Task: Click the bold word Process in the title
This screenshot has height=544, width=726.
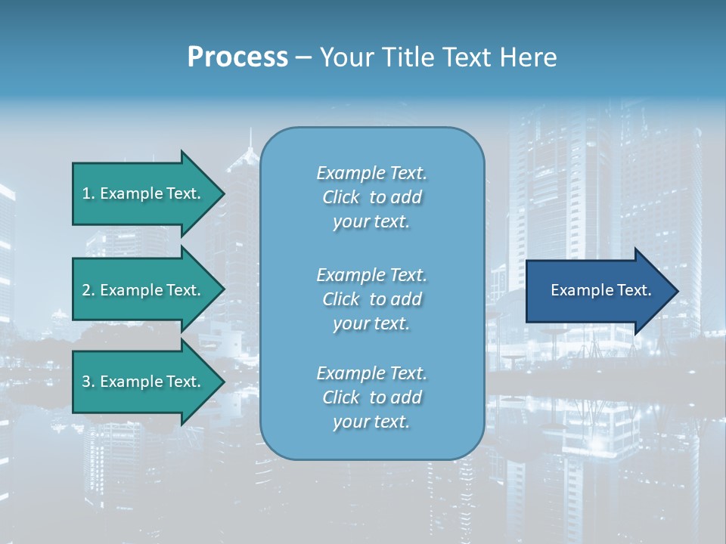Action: tap(237, 57)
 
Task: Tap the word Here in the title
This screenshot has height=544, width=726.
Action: tap(527, 57)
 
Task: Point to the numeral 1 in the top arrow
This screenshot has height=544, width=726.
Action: tap(86, 193)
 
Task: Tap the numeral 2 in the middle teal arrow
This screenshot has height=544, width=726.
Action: tap(86, 290)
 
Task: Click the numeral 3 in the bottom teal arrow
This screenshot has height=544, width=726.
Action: tap(86, 382)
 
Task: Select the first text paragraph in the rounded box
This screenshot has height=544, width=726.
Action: tap(371, 197)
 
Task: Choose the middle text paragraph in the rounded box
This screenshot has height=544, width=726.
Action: tap(371, 299)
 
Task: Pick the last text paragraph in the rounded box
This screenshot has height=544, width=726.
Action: tap(371, 397)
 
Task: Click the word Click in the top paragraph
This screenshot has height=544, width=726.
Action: tap(340, 197)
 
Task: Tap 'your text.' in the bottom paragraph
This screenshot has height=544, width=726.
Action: tap(371, 422)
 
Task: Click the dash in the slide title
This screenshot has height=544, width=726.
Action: tap(304, 58)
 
